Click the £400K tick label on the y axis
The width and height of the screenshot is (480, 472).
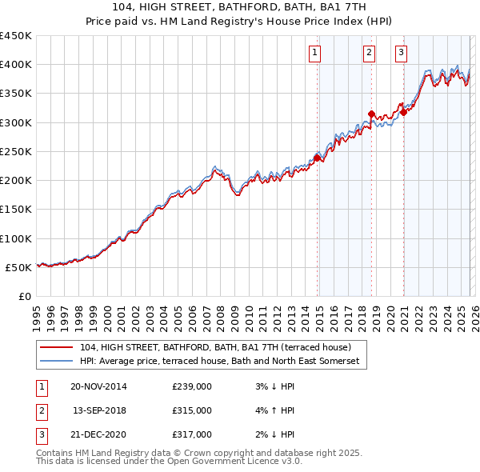tap(16, 65)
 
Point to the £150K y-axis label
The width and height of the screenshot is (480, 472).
tap(16, 210)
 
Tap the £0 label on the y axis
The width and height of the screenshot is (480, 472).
tap(25, 296)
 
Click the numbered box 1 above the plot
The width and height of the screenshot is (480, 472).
tap(314, 54)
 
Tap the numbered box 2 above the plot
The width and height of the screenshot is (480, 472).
tap(369, 54)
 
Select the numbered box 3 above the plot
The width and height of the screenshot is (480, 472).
tap(401, 54)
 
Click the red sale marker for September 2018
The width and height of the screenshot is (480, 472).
tap(371, 114)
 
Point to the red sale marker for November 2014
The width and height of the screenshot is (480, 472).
tap(318, 158)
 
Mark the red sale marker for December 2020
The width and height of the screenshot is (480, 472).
tap(404, 113)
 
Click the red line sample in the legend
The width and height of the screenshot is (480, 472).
tap(56, 348)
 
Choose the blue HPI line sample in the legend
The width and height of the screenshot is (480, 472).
tap(56, 362)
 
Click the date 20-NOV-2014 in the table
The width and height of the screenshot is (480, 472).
tap(98, 386)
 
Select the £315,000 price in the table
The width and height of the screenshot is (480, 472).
tap(192, 410)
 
